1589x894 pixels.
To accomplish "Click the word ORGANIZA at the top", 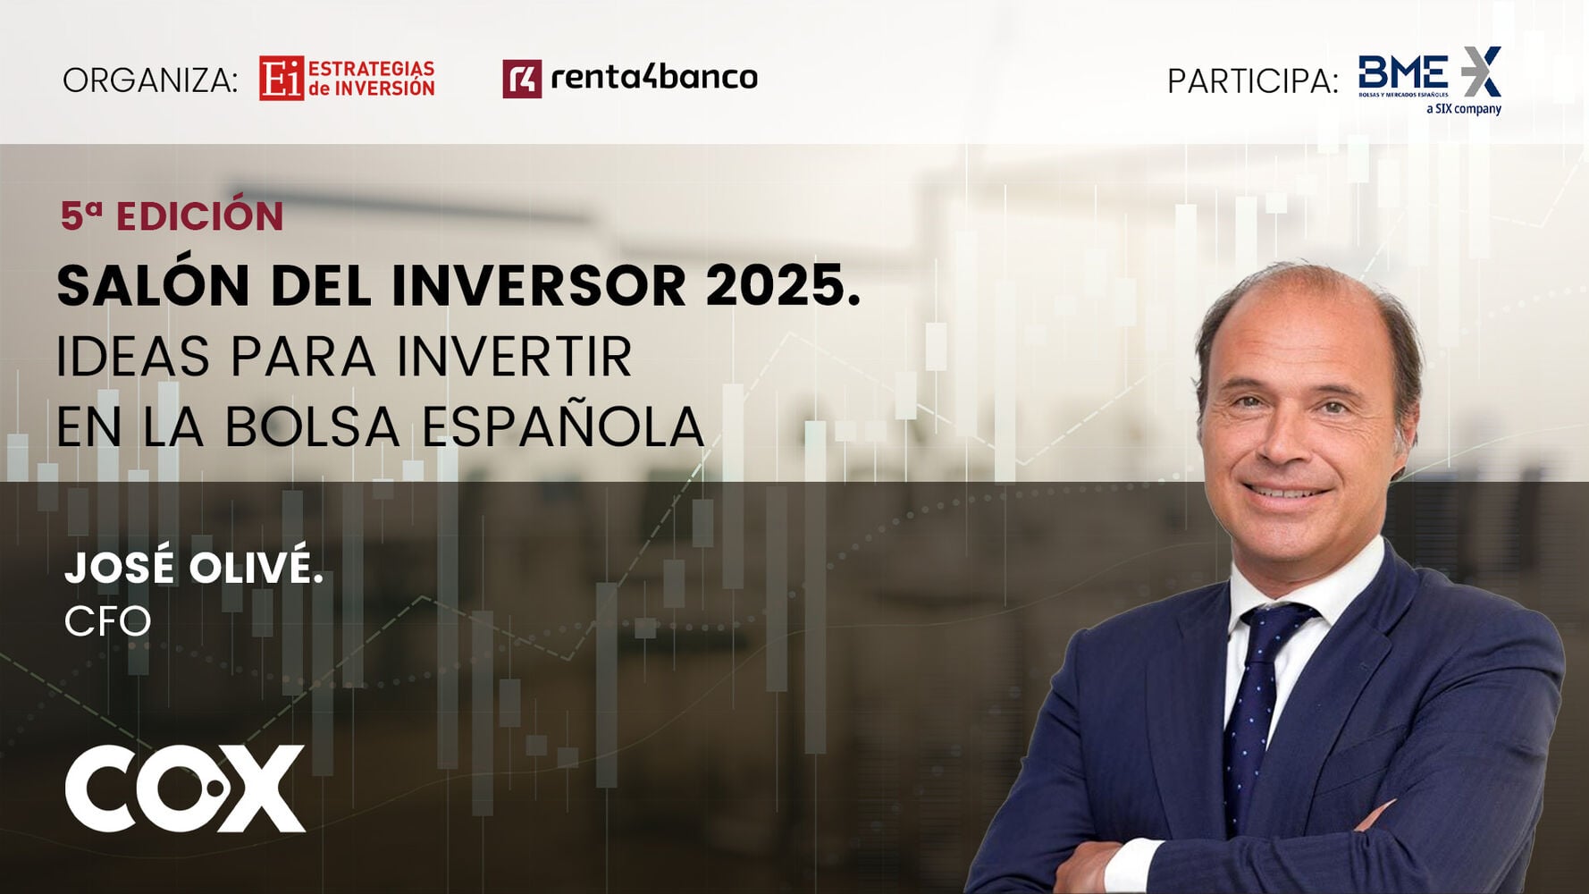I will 149,80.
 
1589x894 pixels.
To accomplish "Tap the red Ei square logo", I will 281,79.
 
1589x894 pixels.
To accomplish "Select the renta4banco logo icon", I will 521,79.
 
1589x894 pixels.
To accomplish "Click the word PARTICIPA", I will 1251,81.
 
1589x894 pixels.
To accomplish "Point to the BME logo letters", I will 1402,72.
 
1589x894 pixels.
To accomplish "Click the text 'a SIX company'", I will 1463,109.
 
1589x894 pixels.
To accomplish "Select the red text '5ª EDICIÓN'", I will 172,216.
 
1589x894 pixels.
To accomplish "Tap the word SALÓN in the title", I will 153,286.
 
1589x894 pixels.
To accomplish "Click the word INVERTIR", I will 514,357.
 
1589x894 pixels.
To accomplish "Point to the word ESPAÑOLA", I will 563,426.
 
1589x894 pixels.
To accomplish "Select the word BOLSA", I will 311,426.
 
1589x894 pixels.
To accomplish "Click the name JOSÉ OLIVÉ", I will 193,568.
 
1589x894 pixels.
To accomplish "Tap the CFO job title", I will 107,622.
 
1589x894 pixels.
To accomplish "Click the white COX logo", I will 185,789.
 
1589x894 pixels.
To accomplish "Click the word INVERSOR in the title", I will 538,286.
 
